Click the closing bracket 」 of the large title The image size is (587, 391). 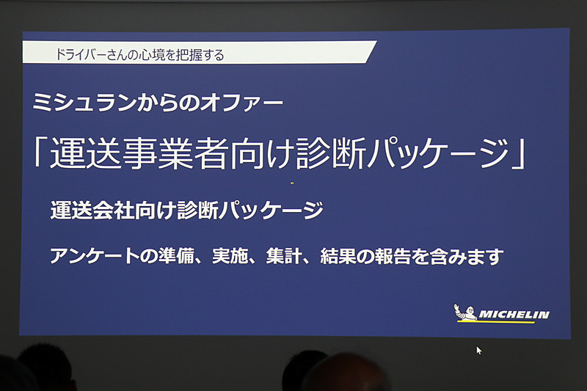[x=517, y=155]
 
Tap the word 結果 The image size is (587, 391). [x=343, y=257]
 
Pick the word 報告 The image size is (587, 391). [x=398, y=257]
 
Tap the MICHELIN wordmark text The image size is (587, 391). [x=514, y=315]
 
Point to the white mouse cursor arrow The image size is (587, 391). [x=479, y=351]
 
